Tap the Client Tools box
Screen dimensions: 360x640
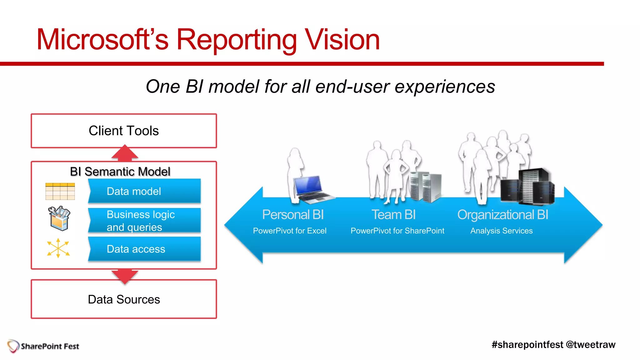click(x=124, y=131)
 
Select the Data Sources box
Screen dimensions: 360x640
click(x=124, y=299)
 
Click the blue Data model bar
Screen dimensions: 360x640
click(x=144, y=191)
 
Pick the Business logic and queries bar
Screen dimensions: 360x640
click(x=144, y=221)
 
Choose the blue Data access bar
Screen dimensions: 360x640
click(x=144, y=249)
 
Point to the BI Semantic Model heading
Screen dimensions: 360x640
click(x=120, y=172)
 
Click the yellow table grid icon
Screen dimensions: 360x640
click(x=60, y=191)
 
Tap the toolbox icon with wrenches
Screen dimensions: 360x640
click(x=59, y=218)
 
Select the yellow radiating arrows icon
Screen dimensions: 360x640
click(x=58, y=248)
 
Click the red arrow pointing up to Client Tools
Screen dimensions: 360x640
click(x=125, y=153)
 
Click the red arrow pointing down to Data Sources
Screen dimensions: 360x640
click(x=125, y=276)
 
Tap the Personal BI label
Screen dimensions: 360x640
click(x=293, y=215)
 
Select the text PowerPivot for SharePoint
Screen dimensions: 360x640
click(x=397, y=231)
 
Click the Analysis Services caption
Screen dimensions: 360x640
click(x=501, y=231)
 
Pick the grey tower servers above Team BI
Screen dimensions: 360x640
click(x=425, y=186)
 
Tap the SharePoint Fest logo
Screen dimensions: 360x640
click(x=43, y=346)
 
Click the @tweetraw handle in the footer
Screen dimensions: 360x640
click(x=590, y=345)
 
